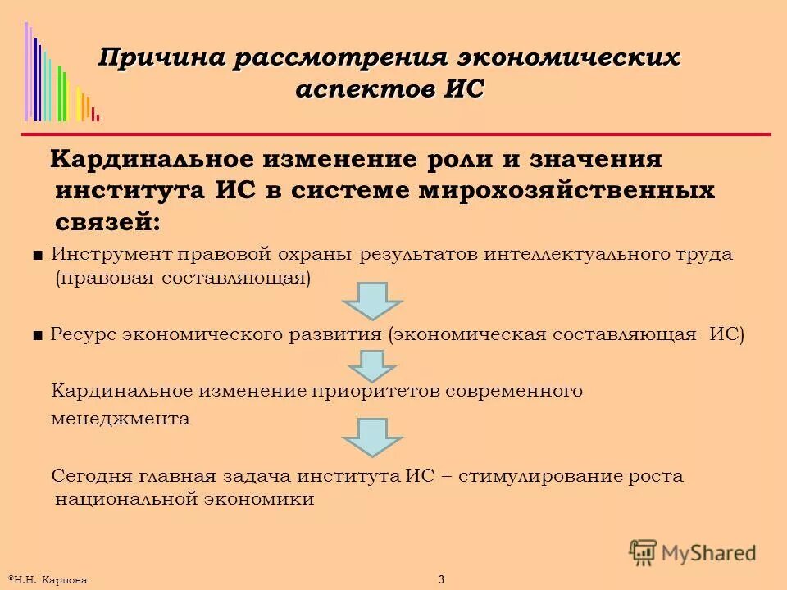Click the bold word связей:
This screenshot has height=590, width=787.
point(107,221)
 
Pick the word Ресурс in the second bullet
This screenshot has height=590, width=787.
point(80,334)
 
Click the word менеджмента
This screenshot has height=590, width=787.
point(121,419)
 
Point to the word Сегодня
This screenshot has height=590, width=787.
point(86,475)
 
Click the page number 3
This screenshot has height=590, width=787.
point(441,580)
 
